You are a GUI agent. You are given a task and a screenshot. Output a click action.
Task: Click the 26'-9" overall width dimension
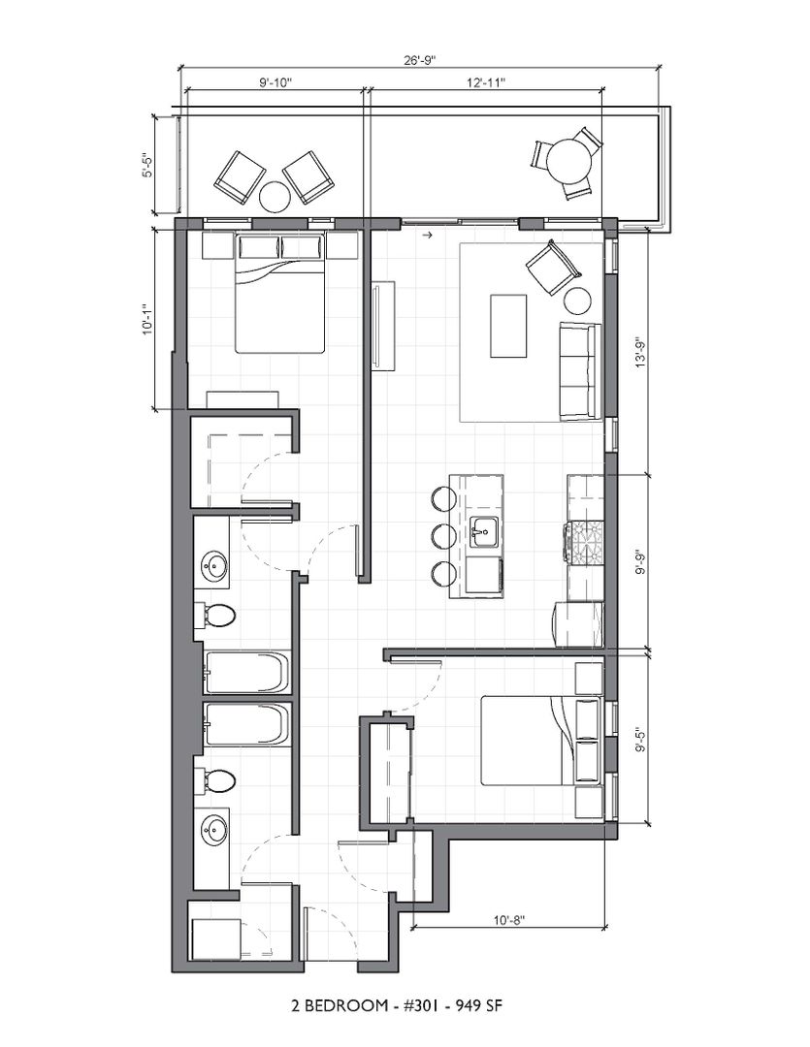coord(420,59)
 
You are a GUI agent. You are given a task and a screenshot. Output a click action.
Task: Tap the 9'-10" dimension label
coord(276,82)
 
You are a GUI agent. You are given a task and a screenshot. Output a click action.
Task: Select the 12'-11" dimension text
coord(486,82)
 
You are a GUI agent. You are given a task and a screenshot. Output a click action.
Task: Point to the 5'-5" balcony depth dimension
coord(147,164)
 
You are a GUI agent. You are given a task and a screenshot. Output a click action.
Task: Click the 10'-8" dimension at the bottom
coord(509,920)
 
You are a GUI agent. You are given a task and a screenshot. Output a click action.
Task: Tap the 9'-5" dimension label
coord(641,739)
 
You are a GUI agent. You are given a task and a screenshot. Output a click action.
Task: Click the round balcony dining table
coord(569,161)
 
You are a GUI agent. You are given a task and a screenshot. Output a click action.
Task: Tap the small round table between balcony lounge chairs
coord(275,197)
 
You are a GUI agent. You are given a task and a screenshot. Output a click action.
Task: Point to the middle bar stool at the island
coord(443,535)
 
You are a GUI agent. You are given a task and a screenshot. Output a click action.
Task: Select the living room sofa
coord(580,372)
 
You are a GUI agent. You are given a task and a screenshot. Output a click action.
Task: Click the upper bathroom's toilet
coord(214,616)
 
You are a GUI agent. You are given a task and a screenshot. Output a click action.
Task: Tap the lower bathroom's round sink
coord(213,832)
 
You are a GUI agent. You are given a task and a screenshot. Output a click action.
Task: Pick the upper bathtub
coord(246,673)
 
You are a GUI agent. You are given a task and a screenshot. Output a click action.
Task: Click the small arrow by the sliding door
coord(429,235)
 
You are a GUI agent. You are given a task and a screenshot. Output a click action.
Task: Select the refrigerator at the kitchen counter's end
coord(578,624)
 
